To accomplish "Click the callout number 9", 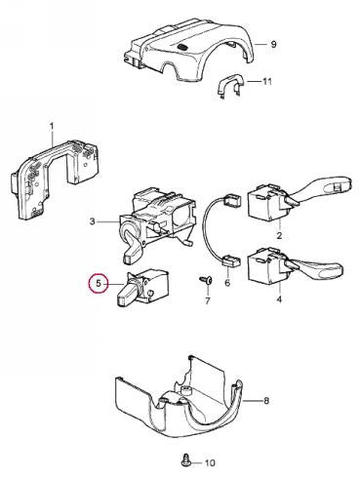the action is click(x=273, y=44).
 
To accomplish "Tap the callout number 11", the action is click(x=266, y=81).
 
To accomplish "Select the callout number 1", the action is click(x=52, y=126).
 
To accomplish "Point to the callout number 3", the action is click(x=93, y=221).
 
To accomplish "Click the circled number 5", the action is click(x=99, y=284).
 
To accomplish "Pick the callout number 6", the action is click(x=227, y=282).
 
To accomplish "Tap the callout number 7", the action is click(x=208, y=300).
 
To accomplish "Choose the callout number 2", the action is click(x=279, y=235).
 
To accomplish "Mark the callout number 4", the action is click(x=279, y=299).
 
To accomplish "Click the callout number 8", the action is click(x=266, y=401).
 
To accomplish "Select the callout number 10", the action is click(x=210, y=462).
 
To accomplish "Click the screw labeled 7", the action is click(x=206, y=280).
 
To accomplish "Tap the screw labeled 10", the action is click(x=186, y=460).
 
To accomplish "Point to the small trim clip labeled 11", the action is click(x=229, y=83).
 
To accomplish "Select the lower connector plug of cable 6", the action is click(x=231, y=260).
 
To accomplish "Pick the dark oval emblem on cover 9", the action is click(x=182, y=47).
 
